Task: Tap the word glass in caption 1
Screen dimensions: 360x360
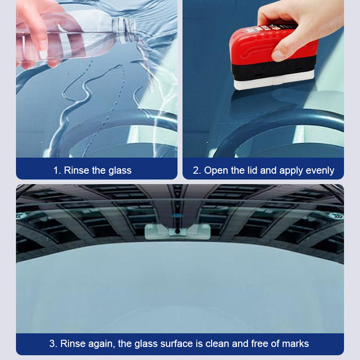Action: [x=119, y=171]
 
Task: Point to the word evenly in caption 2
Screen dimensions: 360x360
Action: [x=319, y=171]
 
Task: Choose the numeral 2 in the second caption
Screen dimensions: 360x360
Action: [x=196, y=171]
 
